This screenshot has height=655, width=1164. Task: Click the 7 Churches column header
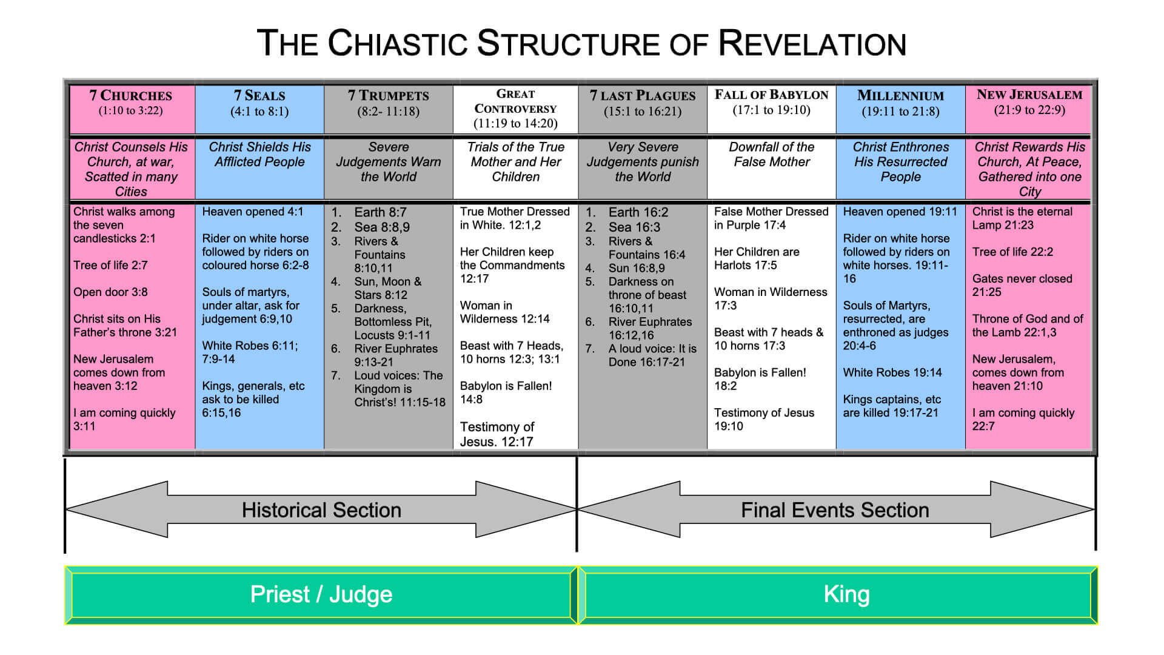131,102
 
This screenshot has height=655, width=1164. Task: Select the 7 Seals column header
259,103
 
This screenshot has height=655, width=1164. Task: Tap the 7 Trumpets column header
388,103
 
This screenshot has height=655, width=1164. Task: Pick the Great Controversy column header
515,109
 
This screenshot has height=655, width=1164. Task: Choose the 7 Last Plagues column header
643,103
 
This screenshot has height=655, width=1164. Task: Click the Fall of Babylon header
771,102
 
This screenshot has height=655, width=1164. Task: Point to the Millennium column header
900,103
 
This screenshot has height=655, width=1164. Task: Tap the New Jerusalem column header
1029,102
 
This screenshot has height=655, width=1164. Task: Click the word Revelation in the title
812,44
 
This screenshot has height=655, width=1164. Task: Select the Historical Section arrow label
321,510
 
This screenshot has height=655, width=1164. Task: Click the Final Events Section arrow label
835,510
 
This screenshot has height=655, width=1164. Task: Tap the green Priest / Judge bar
321,594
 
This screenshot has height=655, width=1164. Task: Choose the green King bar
846,594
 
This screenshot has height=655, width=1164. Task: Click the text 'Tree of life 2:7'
110,265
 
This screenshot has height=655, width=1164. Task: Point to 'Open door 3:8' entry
110,292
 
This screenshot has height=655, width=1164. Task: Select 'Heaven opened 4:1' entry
253,212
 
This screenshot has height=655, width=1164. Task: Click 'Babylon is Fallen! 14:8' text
506,392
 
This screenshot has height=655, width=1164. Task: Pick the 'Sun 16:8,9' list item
637,268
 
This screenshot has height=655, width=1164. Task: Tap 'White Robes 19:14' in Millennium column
892,372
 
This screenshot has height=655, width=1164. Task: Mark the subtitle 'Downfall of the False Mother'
771,155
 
